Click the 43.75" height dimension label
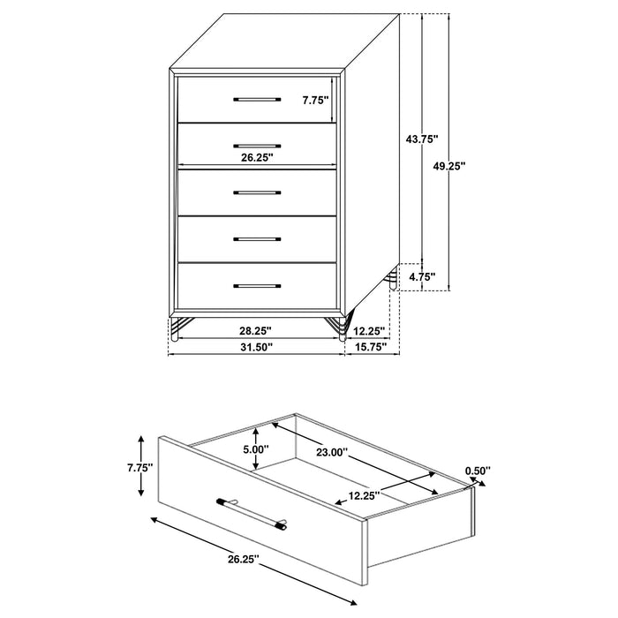[421, 139]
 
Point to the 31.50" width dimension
[257, 347]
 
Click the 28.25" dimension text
[257, 330]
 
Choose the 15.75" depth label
[373, 347]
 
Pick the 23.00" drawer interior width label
[332, 453]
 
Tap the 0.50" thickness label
[476, 471]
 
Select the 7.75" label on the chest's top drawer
[314, 100]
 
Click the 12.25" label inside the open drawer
[363, 495]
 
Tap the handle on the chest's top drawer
[257, 99]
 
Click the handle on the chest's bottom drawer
[257, 286]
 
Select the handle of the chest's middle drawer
[257, 192]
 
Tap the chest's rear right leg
[390, 283]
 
